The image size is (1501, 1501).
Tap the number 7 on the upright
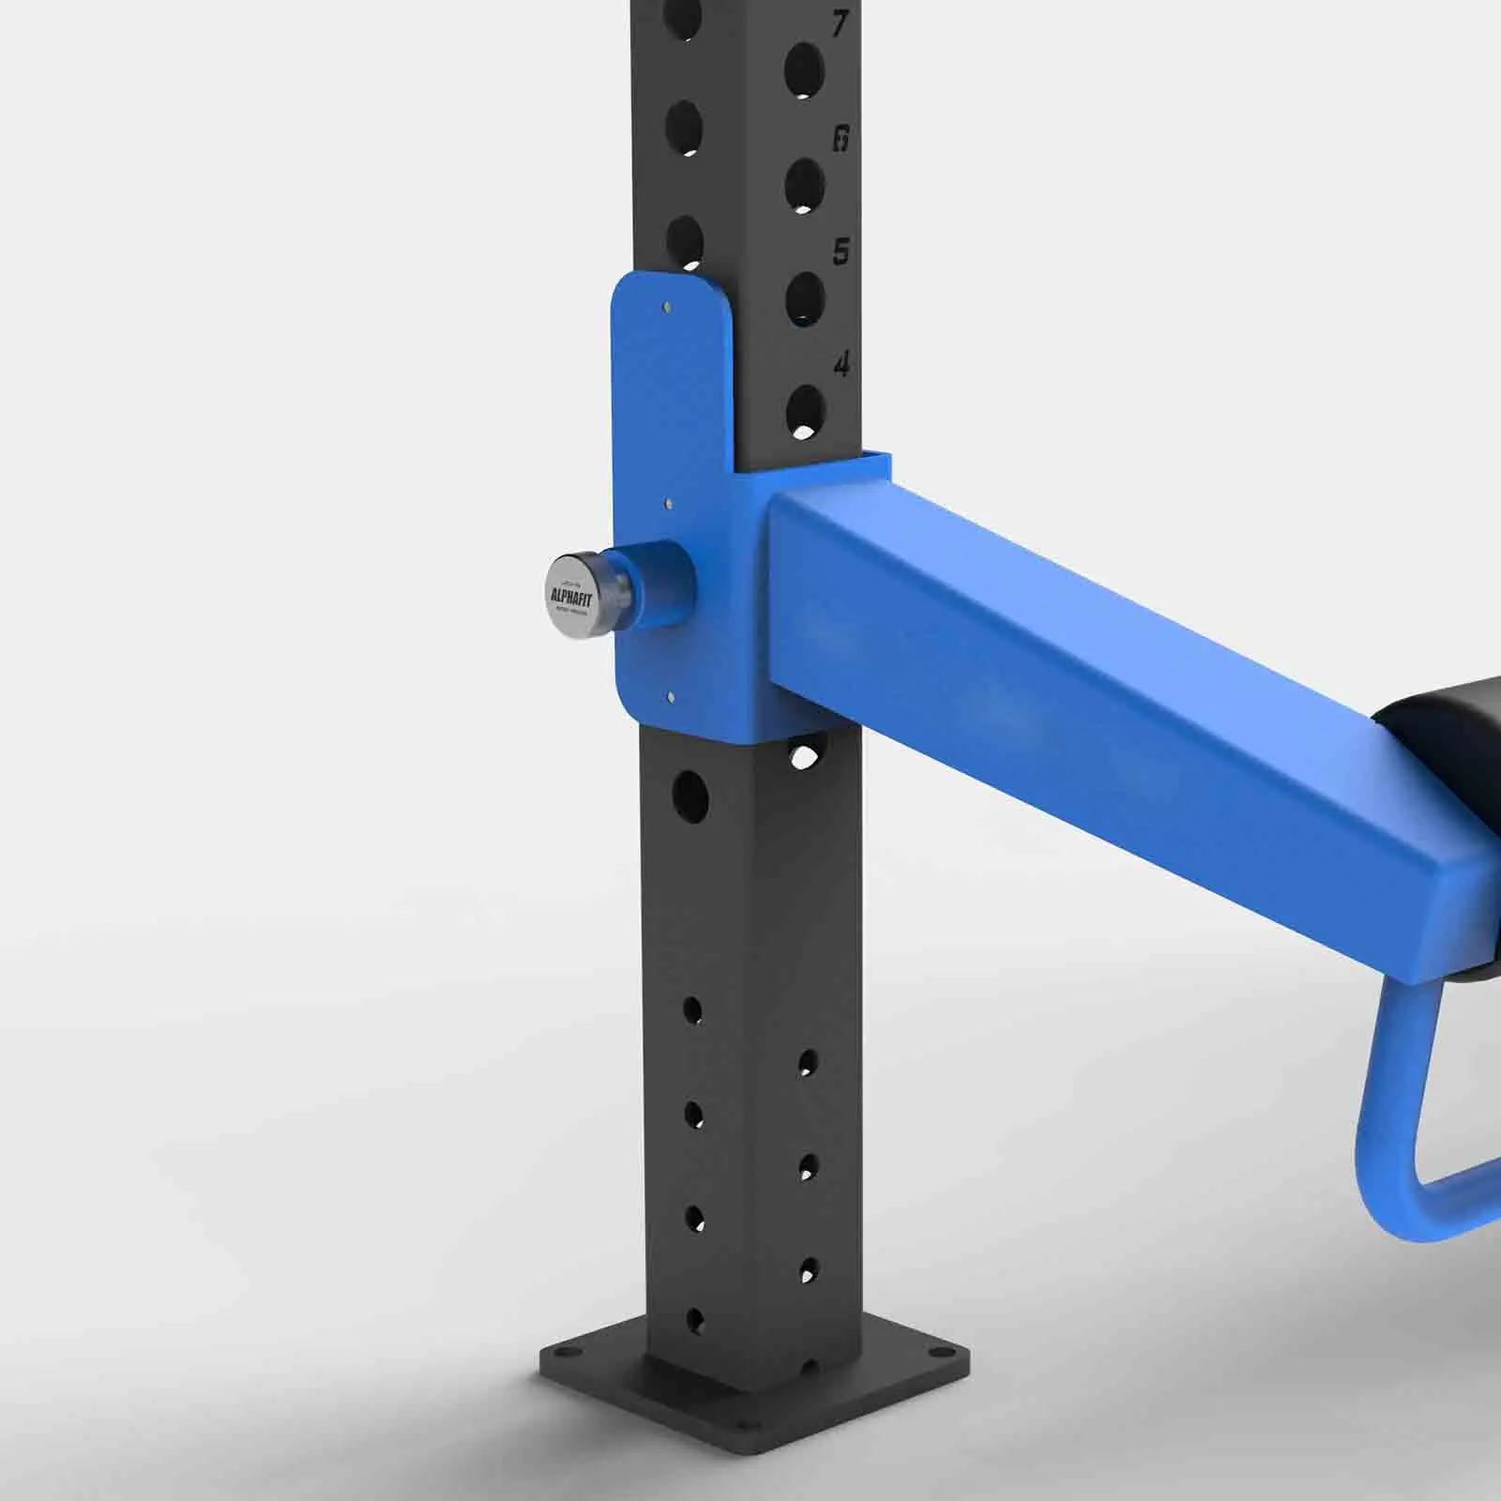841,23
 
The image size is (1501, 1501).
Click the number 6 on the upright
841,139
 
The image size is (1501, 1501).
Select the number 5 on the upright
841,251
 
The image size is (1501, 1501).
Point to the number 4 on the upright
841,364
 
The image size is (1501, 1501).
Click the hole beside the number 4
805,411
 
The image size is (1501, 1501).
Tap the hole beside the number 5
804,299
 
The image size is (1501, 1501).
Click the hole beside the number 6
804,185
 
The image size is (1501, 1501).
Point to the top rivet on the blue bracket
666,307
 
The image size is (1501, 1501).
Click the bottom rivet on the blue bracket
670,697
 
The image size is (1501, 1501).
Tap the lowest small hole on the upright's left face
695,1320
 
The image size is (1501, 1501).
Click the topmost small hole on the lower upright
692,1010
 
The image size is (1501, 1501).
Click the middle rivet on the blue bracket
668,504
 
